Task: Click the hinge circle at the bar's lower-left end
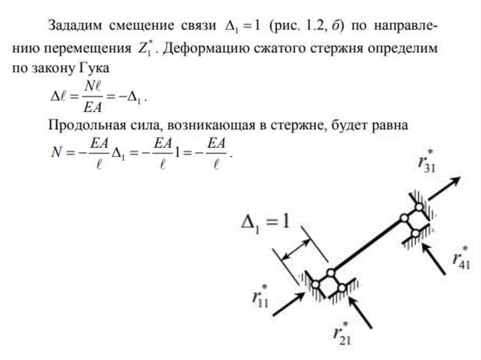point(331,272)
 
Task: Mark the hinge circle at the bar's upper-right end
point(403,218)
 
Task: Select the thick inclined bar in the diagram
point(367,245)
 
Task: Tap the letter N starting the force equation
point(56,153)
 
